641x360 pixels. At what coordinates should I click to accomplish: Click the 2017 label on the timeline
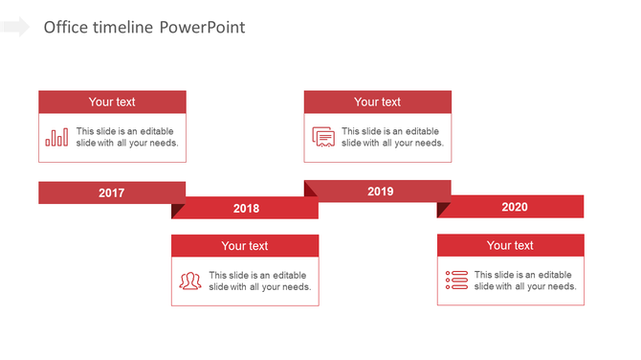point(111,193)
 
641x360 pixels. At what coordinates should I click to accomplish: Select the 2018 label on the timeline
point(246,209)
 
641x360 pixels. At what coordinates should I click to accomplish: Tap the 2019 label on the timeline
point(380,191)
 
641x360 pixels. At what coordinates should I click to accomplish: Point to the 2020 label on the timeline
point(514,207)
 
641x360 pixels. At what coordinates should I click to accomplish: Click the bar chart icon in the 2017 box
point(56,138)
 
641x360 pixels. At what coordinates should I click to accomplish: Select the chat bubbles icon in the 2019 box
point(323,138)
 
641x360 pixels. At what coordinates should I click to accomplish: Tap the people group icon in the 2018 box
point(190,281)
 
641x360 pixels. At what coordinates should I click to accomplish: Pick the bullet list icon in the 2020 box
point(456,281)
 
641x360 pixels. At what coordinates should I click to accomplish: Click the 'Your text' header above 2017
point(112,102)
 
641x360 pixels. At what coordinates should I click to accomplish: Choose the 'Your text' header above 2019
point(378,102)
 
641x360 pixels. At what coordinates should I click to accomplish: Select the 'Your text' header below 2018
point(245,246)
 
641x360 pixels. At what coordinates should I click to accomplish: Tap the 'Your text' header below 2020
point(510,246)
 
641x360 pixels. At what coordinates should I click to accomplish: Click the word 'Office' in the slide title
point(66,28)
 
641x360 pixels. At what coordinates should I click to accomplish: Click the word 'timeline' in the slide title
point(123,28)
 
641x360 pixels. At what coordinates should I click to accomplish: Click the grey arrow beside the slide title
point(15,27)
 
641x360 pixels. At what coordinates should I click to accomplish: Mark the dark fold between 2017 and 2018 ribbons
point(178,210)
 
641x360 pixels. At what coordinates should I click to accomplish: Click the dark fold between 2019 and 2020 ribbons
point(443,209)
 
